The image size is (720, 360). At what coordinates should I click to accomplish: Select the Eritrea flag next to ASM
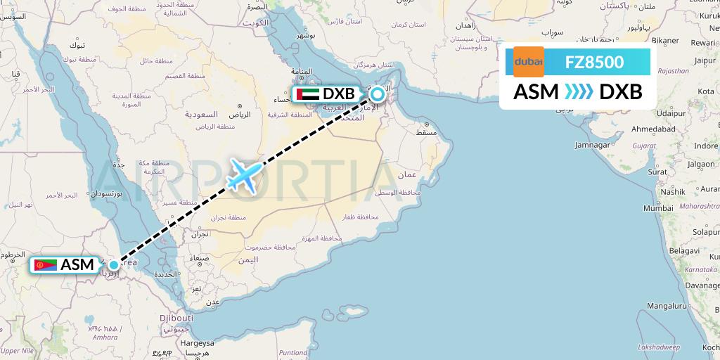pos(45,265)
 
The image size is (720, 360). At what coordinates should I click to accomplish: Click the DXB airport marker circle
pos(378,94)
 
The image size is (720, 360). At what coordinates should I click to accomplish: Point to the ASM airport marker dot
pos(113,264)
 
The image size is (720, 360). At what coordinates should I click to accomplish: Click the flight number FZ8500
pos(594,62)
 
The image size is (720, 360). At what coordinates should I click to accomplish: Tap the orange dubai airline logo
pos(529,62)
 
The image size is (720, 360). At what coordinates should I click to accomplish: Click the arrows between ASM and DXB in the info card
pos(579,92)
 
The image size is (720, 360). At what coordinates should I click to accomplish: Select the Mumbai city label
pos(658,208)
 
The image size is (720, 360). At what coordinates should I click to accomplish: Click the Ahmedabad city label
pos(652,130)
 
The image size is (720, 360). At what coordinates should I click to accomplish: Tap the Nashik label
pos(672,191)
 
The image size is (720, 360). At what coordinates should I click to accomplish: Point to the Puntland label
pos(293,352)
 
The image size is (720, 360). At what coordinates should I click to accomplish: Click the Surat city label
pos(657,172)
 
